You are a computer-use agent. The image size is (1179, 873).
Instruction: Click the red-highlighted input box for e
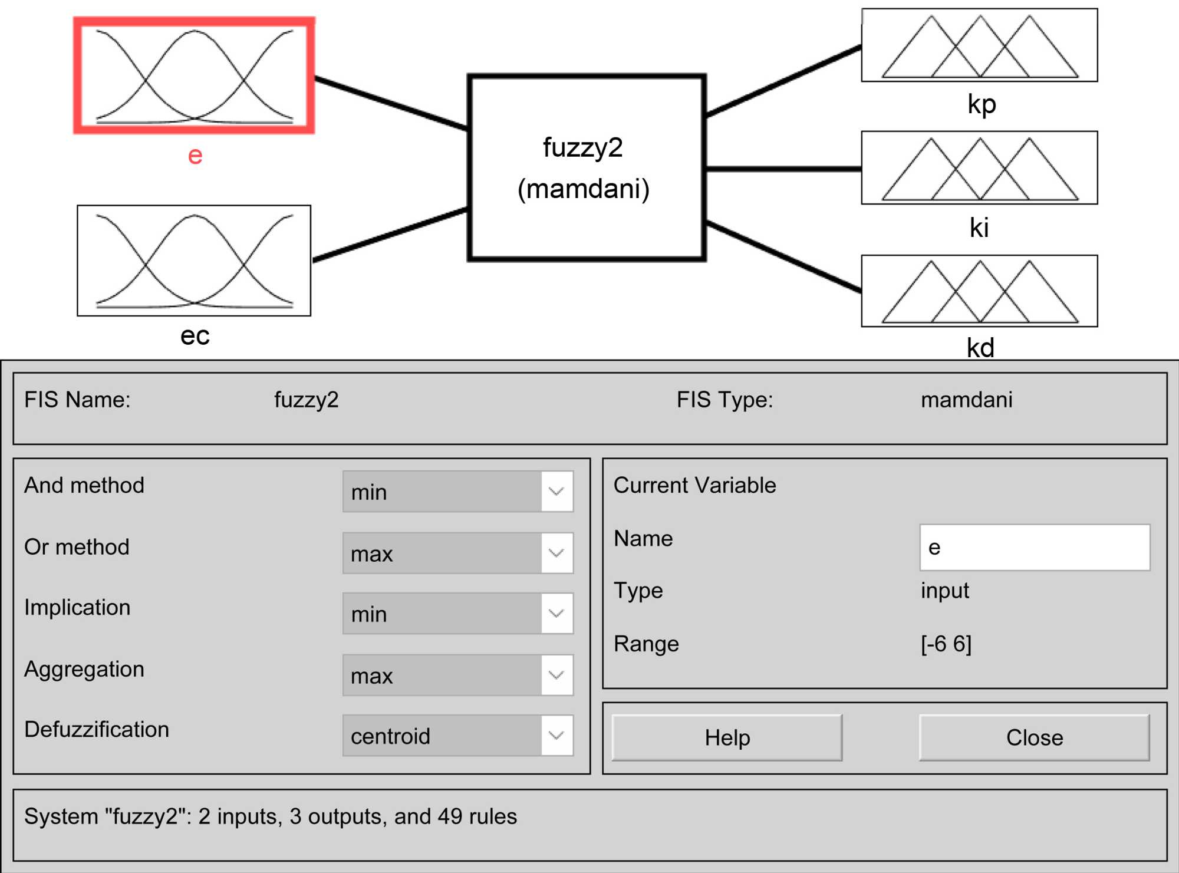194,75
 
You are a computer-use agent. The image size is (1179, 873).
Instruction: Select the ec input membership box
194,261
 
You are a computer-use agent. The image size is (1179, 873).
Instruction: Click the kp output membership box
979,45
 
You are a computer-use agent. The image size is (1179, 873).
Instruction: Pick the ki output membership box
979,168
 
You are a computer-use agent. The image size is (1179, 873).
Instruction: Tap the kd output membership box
979,291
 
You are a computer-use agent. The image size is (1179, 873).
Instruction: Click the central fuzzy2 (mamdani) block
587,168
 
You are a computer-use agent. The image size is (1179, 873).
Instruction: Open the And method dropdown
457,492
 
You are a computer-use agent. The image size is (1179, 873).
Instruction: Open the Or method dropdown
457,554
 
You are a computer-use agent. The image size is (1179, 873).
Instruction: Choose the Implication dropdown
457,614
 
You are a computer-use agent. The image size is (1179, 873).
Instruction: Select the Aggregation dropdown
457,676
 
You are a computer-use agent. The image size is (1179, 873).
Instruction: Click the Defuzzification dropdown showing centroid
457,736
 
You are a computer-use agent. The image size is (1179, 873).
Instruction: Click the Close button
1034,737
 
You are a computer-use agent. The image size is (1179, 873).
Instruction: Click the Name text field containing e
1034,548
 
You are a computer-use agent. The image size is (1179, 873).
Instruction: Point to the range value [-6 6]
946,644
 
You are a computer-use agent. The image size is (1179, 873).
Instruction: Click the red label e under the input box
195,156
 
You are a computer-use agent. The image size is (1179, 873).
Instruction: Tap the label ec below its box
195,336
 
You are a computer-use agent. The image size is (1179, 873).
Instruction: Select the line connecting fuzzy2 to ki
783,169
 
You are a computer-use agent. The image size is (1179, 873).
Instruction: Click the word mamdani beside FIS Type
966,400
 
